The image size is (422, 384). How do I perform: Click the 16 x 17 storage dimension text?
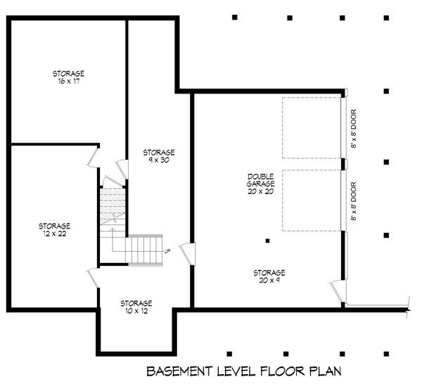pos(69,82)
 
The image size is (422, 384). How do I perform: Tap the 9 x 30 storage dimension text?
pos(159,160)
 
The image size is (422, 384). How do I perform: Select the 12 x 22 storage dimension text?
pos(55,233)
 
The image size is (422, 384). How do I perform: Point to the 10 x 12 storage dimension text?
pos(136,311)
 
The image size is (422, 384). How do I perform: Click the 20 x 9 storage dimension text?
pos(269,281)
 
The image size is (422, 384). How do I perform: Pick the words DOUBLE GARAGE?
pos(261,180)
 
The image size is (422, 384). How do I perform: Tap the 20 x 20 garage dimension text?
pos(261,191)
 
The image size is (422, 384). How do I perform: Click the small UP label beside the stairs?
pos(167,251)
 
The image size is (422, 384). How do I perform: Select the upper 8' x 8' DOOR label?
pos(354,129)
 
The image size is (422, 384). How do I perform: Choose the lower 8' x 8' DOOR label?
pos(354,201)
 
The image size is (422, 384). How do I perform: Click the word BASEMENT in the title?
pos(179,371)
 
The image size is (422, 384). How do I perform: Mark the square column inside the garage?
pos(267,241)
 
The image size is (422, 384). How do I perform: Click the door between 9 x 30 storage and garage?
pos(188,254)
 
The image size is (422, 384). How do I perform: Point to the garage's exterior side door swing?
pos(337,291)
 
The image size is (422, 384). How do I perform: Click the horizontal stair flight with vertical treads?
pos(144,250)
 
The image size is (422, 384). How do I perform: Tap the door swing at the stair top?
pos(113,181)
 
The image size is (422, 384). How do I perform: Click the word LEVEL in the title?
pos(236,371)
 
